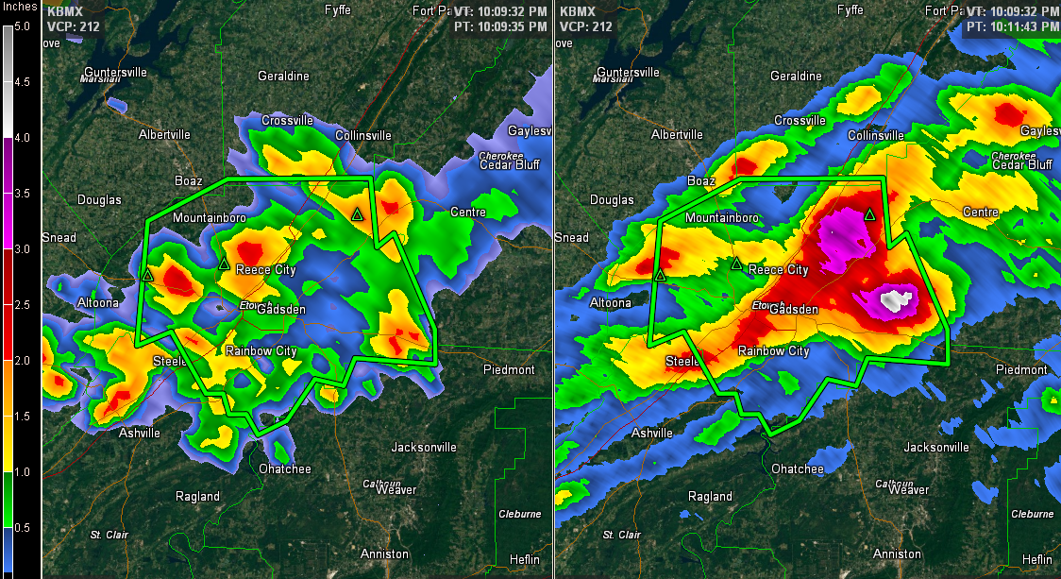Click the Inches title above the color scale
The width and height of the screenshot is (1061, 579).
(x=20, y=8)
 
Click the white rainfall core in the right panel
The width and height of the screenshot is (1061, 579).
(x=893, y=301)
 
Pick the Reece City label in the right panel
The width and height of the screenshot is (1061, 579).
(x=779, y=270)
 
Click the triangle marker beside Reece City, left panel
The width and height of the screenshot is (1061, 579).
(x=224, y=263)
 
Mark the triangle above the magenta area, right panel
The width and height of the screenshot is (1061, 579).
(x=869, y=213)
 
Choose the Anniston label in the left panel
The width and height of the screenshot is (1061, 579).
(x=384, y=553)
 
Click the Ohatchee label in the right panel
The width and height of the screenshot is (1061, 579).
(x=798, y=469)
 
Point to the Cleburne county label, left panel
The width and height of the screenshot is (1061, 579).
(x=520, y=514)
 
